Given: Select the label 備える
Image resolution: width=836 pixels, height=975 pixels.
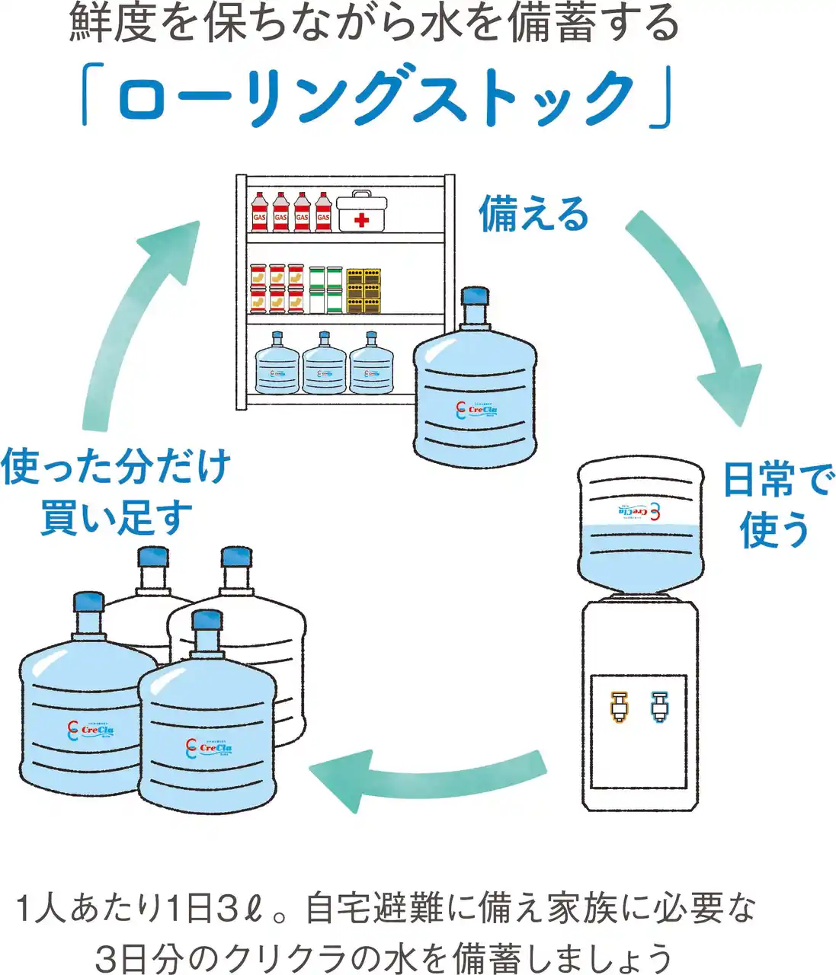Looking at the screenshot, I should click(x=533, y=213).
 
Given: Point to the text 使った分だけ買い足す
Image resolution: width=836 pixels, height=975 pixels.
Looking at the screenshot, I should click(x=116, y=491).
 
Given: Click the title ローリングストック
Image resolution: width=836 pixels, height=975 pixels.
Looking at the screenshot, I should click(x=376, y=98).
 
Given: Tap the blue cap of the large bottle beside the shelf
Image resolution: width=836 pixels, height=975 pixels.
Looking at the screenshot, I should click(x=476, y=296).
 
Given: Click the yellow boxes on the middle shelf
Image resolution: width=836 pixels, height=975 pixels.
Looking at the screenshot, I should click(x=364, y=290).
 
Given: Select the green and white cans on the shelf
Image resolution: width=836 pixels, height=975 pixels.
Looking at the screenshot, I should click(x=325, y=289).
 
